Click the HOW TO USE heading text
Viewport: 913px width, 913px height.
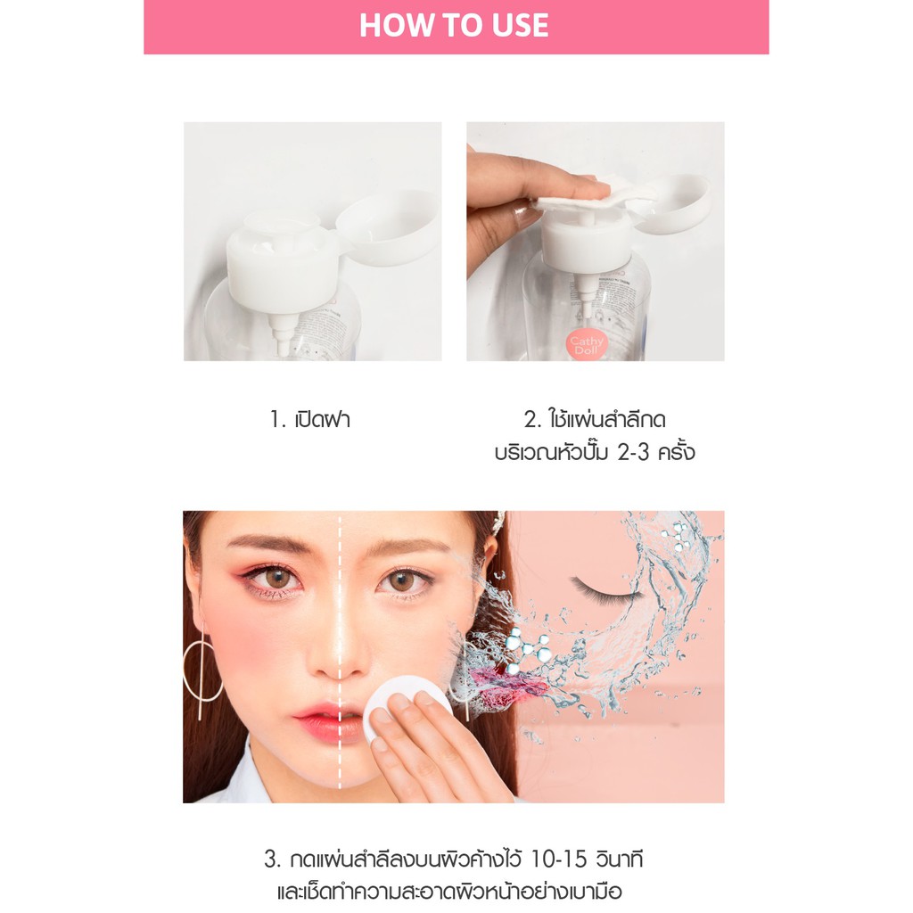coord(454,26)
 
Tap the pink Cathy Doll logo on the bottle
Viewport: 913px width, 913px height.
coord(587,345)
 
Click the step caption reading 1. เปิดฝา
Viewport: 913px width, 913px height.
coord(309,419)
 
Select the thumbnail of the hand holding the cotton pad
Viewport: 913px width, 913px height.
coord(595,241)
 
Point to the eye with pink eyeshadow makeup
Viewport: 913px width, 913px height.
coord(276,578)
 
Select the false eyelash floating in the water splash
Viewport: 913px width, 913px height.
coord(605,590)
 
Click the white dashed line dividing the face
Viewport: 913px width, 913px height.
coord(340,650)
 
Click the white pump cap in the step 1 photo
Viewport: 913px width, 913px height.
coord(283,261)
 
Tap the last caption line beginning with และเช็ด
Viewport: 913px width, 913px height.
coord(449,892)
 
